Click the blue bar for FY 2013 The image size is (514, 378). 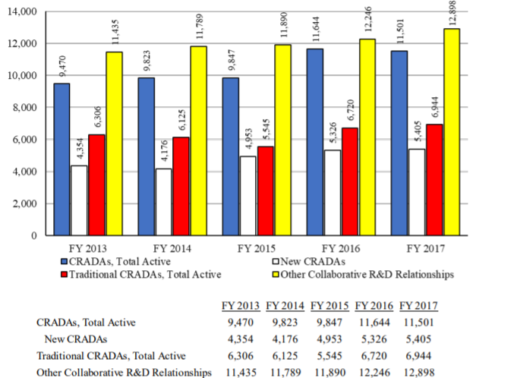[x=62, y=159]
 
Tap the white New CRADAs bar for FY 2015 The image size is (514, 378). [x=248, y=196]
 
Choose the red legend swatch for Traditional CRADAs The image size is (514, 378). [x=64, y=275]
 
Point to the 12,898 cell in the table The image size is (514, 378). [x=419, y=372]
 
